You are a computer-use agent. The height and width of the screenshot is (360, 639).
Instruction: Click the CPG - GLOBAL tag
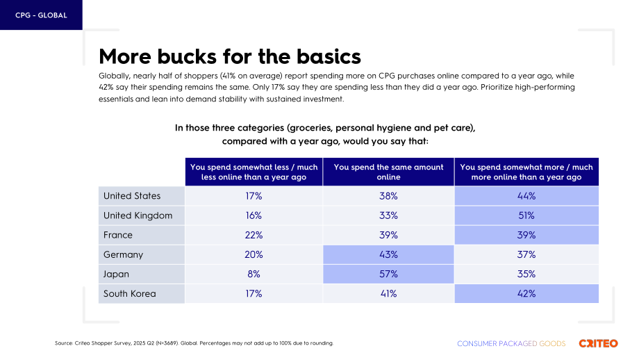tap(41, 15)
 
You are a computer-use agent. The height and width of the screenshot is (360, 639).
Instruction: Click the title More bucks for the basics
tap(230, 56)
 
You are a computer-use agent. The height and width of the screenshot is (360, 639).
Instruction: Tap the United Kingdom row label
tap(138, 215)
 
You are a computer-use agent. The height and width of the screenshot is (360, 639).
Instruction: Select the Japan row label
tap(116, 274)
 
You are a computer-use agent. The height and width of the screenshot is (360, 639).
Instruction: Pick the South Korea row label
tap(130, 293)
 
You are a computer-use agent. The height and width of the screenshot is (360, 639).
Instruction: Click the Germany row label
tap(123, 255)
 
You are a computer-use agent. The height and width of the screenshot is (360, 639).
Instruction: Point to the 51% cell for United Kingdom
tap(526, 215)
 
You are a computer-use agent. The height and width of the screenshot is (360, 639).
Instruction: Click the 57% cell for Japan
tap(388, 274)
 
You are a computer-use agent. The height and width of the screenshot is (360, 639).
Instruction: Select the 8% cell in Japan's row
tap(254, 274)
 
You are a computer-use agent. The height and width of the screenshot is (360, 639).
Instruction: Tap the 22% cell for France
tap(254, 235)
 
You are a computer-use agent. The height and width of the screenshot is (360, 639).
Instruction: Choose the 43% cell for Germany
tap(388, 254)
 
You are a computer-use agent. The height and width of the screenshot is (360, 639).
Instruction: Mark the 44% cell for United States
tap(526, 196)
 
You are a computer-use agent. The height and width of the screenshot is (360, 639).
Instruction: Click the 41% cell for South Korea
tap(388, 293)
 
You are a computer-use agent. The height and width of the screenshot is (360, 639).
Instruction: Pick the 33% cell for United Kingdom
tap(388, 215)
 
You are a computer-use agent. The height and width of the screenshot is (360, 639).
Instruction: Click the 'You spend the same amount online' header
tap(388, 172)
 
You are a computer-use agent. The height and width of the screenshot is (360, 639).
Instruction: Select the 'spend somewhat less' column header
tap(254, 172)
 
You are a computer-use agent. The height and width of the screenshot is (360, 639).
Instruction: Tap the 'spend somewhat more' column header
tap(526, 172)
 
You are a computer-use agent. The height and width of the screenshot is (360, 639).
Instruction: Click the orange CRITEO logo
tap(598, 343)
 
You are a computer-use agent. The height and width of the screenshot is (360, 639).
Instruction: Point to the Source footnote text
tap(194, 343)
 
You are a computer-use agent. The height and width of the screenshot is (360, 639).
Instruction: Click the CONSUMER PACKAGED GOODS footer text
tap(511, 344)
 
